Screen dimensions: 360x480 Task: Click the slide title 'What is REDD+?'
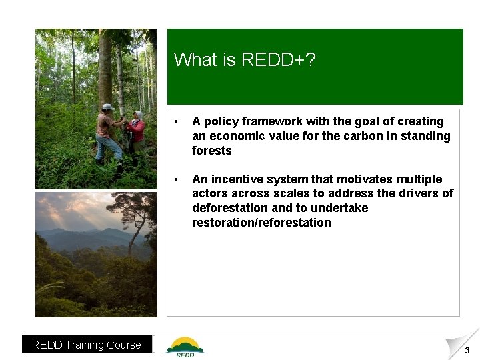click(245, 60)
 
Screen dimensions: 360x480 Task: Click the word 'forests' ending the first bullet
click(211, 151)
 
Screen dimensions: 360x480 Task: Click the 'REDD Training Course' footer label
click(87, 345)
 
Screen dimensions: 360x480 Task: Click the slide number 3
click(467, 351)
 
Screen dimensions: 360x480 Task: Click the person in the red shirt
click(137, 130)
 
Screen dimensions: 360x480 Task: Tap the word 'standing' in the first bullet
click(428, 136)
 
